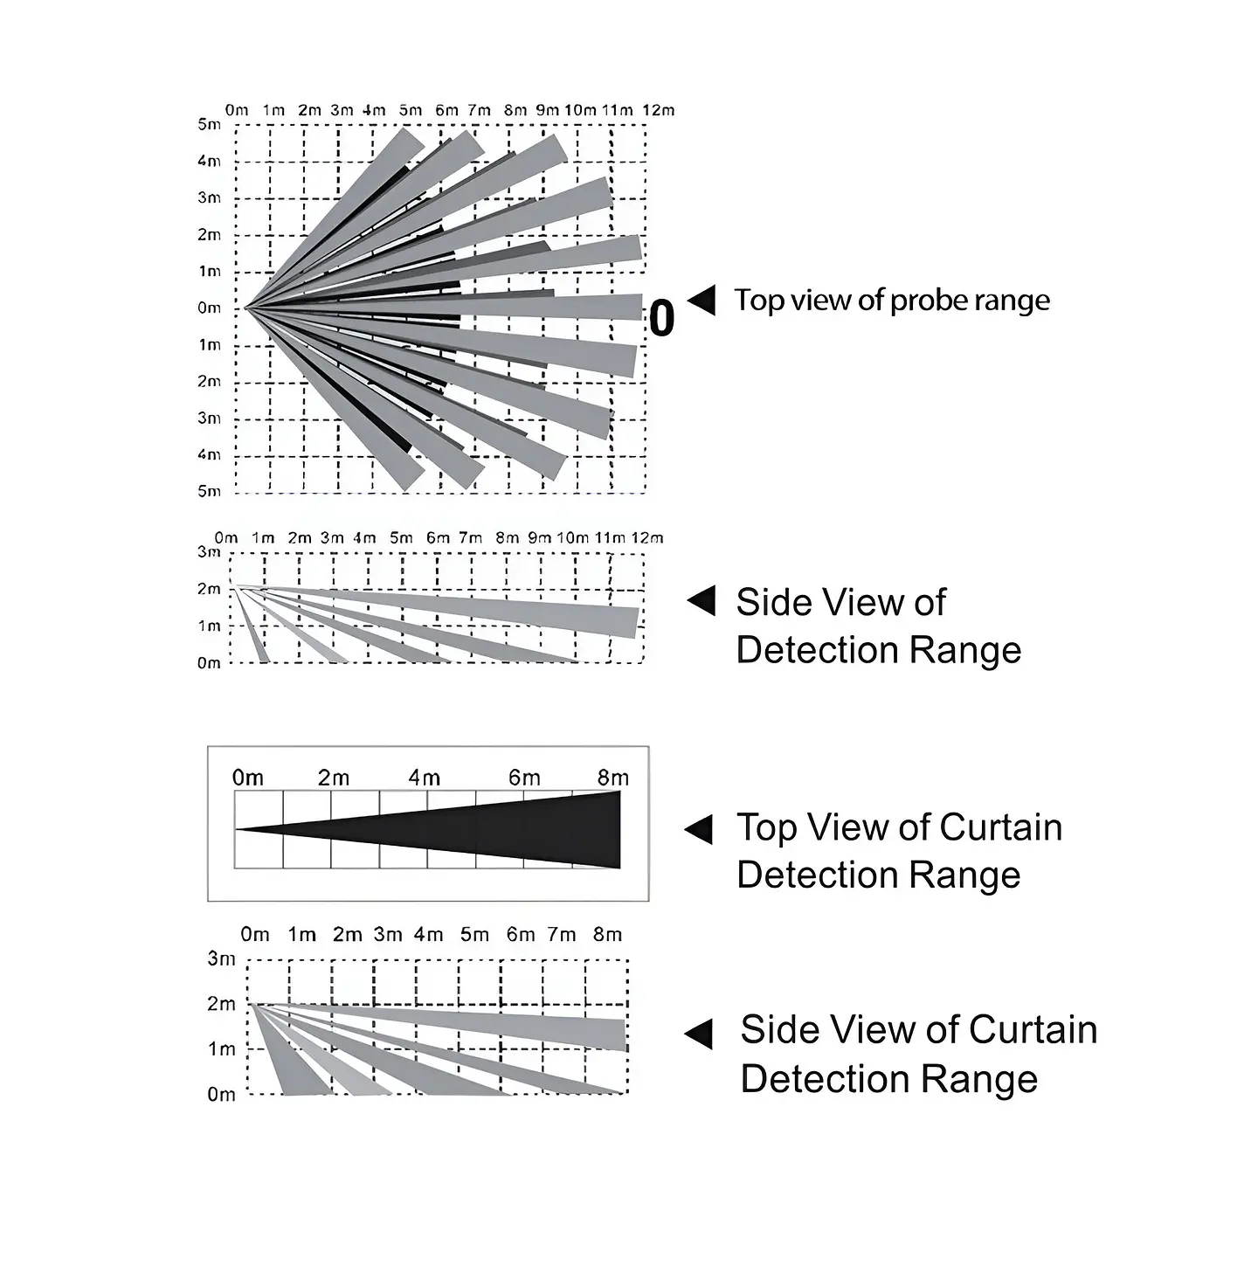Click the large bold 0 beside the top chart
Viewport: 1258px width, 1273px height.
click(x=661, y=318)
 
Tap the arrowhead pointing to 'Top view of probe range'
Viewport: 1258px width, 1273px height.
click(x=702, y=301)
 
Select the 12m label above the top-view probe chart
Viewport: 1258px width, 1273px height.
click(x=658, y=110)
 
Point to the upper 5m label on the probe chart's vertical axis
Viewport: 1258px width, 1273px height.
click(x=209, y=124)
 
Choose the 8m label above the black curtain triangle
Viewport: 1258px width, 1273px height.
click(x=613, y=778)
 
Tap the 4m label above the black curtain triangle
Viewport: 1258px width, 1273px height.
click(x=425, y=778)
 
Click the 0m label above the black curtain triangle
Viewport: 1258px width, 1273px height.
click(x=248, y=778)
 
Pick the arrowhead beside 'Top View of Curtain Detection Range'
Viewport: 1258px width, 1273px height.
click(x=698, y=829)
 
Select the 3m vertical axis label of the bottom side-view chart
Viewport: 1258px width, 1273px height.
click(x=221, y=958)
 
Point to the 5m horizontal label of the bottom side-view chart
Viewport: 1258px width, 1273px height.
click(x=474, y=935)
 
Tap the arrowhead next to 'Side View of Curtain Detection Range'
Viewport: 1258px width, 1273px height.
click(x=698, y=1034)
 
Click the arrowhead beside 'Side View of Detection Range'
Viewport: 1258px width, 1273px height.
click(x=702, y=600)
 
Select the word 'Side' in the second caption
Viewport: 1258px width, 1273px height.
click(x=769, y=603)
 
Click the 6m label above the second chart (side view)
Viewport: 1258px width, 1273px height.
click(x=438, y=538)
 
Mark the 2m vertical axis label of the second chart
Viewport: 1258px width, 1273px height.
click(x=209, y=589)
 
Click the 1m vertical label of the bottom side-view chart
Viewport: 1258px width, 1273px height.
click(x=221, y=1048)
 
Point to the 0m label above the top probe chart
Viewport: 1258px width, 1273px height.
click(x=237, y=110)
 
